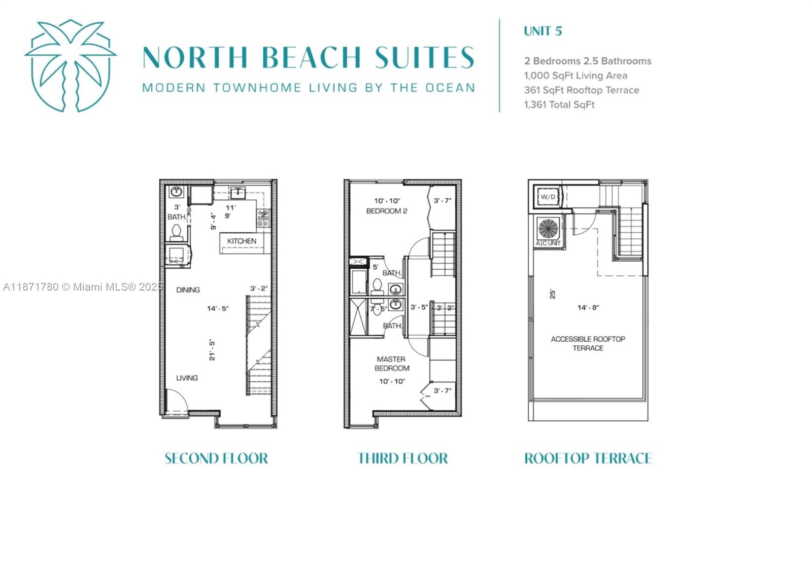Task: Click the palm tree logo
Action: coord(71,65)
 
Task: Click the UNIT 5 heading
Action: coord(543,31)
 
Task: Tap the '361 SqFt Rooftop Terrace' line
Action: coord(581,90)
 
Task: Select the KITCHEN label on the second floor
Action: coord(242,241)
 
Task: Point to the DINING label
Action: coord(188,290)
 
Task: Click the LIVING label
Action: coord(187,378)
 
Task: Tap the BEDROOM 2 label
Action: coord(387,211)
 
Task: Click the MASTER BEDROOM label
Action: coord(391,364)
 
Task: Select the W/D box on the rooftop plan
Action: coord(548,197)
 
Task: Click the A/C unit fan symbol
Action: coord(548,229)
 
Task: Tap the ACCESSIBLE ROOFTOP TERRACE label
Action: coord(588,343)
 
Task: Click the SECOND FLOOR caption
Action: coord(216,458)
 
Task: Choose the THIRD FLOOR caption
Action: coord(402,458)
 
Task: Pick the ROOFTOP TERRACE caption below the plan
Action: coord(588,458)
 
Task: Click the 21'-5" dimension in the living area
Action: coord(212,349)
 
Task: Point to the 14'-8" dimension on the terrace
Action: coord(588,307)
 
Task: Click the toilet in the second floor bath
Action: coord(176,232)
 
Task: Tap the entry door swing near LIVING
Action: coord(177,401)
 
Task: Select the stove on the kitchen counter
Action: coord(263,219)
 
